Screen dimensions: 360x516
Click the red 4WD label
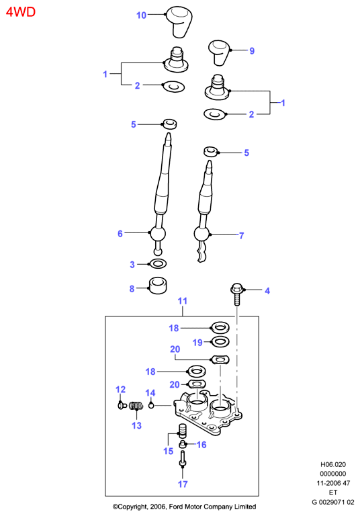click(x=20, y=12)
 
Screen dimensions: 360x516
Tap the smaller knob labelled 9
click(x=219, y=52)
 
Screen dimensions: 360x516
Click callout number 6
click(x=120, y=234)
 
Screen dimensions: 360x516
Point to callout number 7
click(x=242, y=236)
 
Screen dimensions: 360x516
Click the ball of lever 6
click(x=157, y=234)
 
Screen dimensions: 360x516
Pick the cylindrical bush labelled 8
click(x=158, y=286)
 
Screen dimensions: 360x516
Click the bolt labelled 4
click(x=236, y=294)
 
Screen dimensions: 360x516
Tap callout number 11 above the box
click(x=182, y=301)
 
